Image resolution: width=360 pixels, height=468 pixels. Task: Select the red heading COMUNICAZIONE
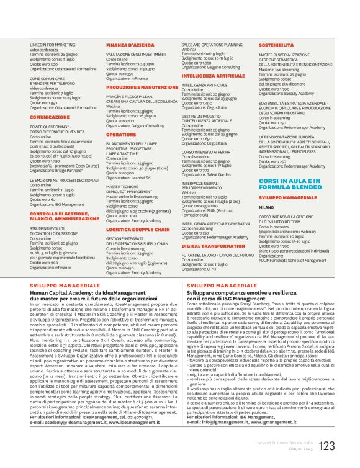tap(50, 117)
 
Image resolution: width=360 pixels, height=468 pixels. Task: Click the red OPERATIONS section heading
tap(121, 133)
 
